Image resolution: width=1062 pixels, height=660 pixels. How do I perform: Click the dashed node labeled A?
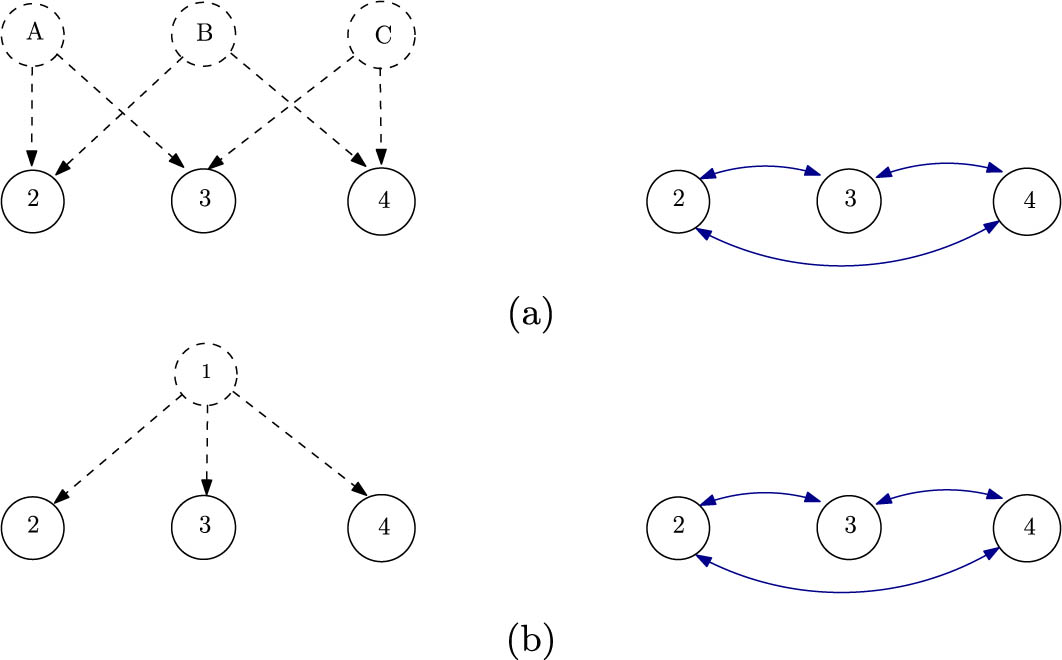coord(33,34)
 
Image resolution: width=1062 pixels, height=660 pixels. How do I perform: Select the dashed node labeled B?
coord(204,34)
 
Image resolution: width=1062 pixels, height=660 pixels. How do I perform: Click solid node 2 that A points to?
coord(33,198)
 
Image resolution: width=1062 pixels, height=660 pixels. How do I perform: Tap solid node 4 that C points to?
coord(381,200)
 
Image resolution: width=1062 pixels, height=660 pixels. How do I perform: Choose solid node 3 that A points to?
coord(204,198)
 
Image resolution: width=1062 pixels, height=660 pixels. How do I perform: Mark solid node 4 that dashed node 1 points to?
coord(381,527)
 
